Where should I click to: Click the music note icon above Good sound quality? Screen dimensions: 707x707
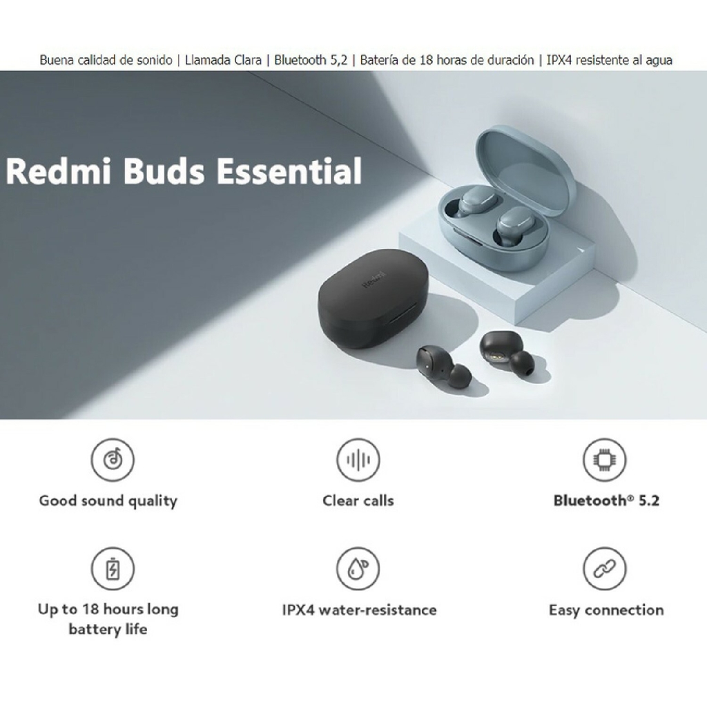pos(113,459)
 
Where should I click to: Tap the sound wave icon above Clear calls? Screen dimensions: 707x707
pos(358,459)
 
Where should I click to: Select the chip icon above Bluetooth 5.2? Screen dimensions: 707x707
pos(605,459)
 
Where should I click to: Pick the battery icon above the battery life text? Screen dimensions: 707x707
pos(113,569)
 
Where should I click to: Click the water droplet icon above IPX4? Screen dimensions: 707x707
pos(358,569)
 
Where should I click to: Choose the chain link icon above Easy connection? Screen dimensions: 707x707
pos(605,569)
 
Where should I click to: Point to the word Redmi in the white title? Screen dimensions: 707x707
pos(58,171)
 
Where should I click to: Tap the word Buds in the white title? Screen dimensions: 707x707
pos(164,171)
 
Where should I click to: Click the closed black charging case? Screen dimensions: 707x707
pos(373,298)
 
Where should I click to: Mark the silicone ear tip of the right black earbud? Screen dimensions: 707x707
pos(522,362)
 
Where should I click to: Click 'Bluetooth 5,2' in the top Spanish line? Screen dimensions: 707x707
pos(311,60)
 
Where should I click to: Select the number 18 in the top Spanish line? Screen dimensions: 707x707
pos(426,60)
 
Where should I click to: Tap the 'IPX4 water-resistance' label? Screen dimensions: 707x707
pos(359,610)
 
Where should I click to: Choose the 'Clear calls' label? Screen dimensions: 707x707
pos(358,501)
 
